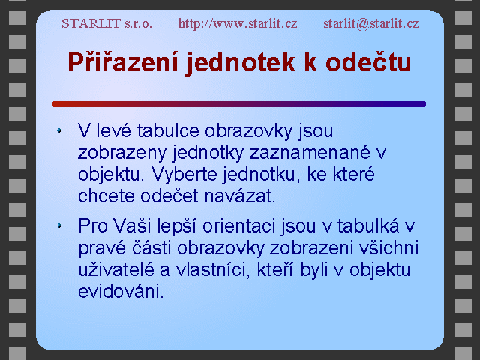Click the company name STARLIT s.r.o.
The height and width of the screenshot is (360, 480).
pos(106,23)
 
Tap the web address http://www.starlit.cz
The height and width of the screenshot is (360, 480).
pos(238,23)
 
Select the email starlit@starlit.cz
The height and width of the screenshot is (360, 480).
pos(371,24)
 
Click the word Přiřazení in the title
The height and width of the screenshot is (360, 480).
pos(123,62)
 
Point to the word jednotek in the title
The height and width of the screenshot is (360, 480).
pos(241,63)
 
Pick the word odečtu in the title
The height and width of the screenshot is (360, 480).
pos(368,62)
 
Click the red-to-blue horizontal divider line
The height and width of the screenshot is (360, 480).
pos(239,103)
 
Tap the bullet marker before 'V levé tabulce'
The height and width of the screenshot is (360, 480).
pos(59,130)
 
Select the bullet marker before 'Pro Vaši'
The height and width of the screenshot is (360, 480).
pos(59,226)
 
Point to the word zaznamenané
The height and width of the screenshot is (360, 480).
pos(310,152)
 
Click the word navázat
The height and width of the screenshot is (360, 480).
pos(240,196)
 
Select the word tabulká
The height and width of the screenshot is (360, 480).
pos(368,226)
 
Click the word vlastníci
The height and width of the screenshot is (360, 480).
pos(213,270)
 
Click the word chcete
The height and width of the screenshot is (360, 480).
pos(106,196)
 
